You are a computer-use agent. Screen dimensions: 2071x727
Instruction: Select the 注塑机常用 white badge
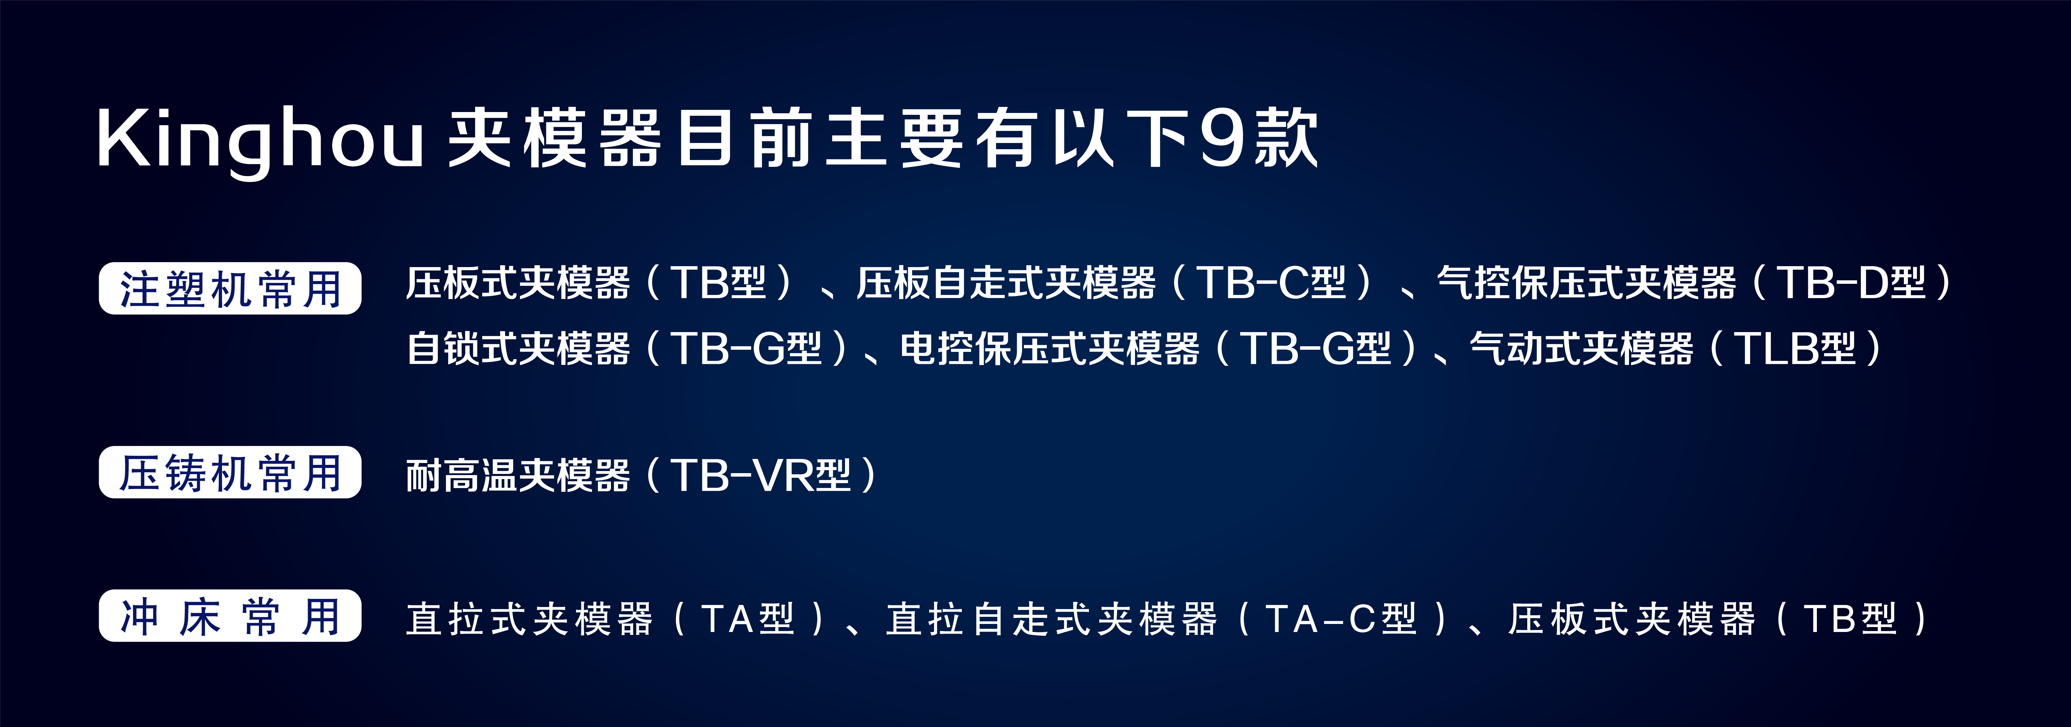pos(230,288)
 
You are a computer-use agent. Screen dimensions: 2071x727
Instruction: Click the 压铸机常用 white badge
pos(230,472)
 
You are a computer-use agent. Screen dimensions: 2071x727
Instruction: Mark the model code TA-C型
pos(1341,619)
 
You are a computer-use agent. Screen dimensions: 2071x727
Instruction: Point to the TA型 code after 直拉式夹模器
pos(748,619)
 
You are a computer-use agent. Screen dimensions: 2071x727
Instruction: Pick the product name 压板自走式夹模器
pos(1006,283)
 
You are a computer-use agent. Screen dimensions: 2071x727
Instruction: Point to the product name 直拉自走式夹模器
pos(1051,619)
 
